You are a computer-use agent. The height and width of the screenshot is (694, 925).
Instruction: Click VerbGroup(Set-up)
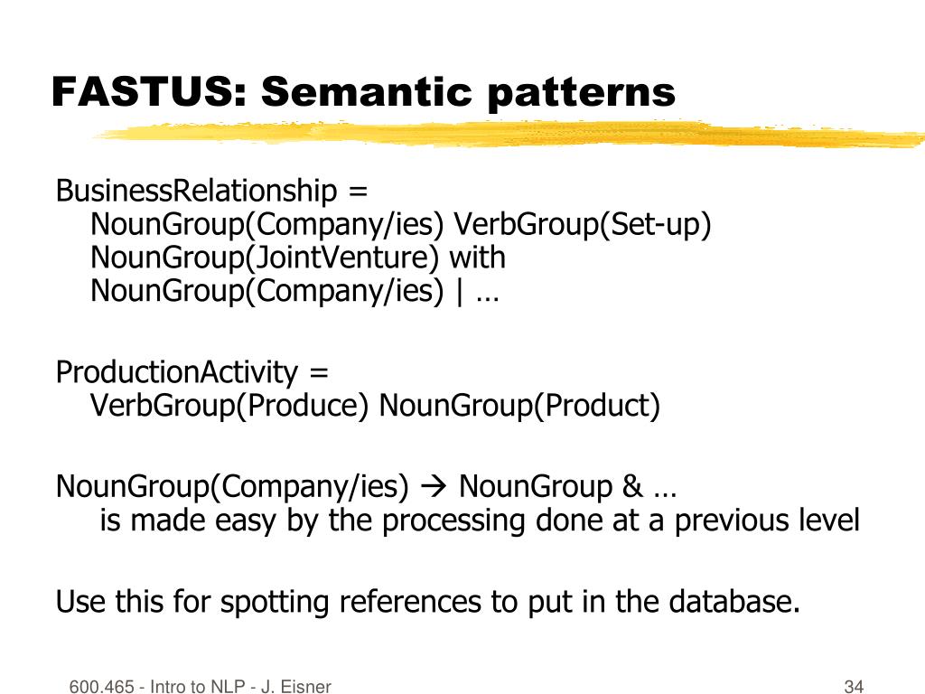582,225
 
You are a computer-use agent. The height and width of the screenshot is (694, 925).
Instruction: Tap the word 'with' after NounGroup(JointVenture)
478,258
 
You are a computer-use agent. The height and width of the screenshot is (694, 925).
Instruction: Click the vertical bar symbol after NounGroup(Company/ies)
461,292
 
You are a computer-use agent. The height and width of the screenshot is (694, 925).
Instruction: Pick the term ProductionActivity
176,372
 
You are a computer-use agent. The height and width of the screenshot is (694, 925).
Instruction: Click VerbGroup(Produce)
229,406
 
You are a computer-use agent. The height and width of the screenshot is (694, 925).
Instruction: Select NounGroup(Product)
519,406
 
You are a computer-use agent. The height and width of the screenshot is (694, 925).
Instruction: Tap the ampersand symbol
630,487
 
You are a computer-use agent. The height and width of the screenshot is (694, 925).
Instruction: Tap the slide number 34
854,687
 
